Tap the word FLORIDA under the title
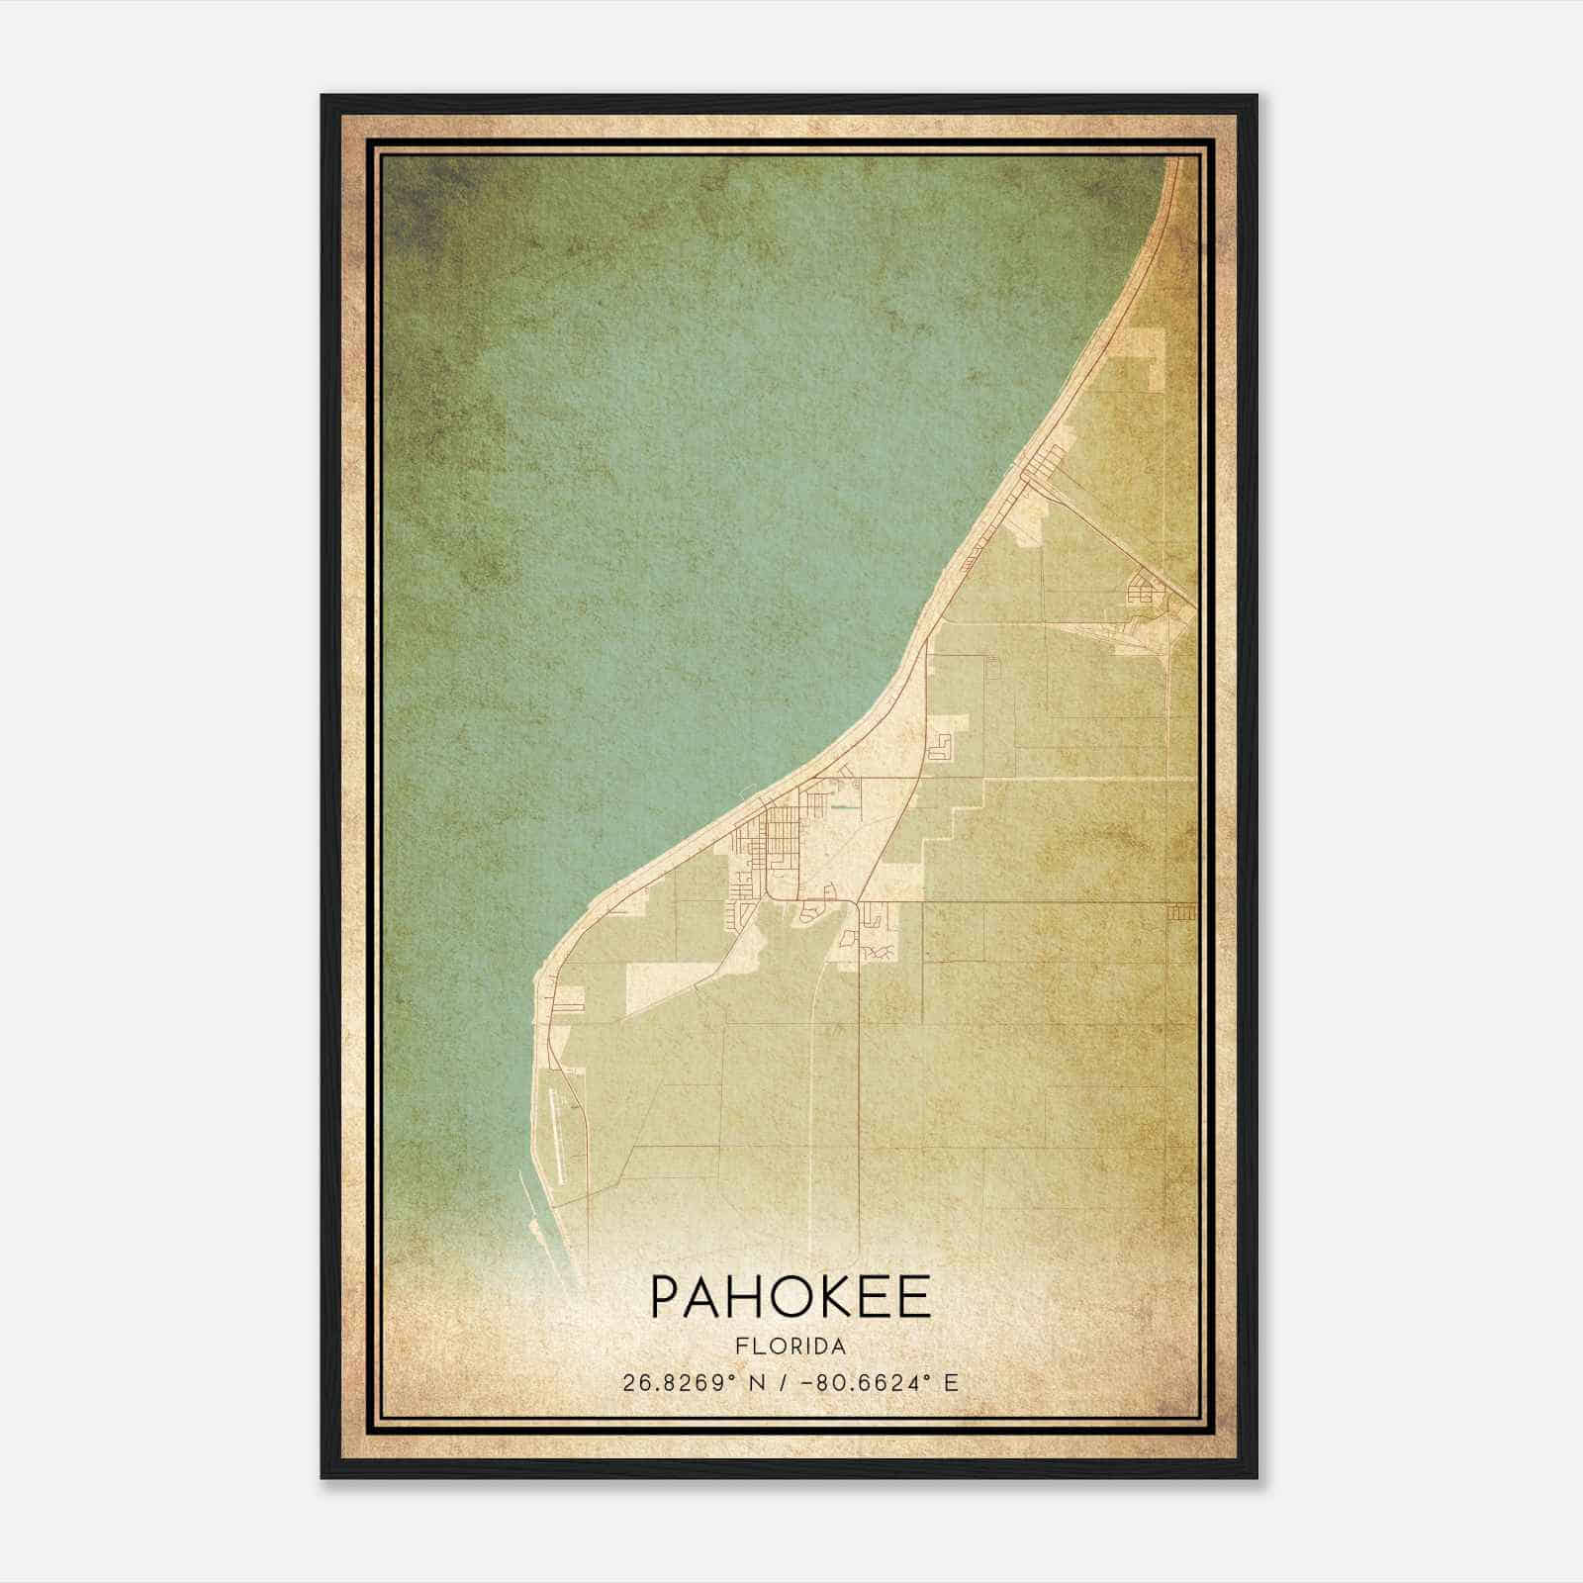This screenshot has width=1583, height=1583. click(x=791, y=1347)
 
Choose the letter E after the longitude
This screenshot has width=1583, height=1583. click(x=951, y=1383)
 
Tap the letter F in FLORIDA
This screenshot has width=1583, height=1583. click(x=741, y=1347)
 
